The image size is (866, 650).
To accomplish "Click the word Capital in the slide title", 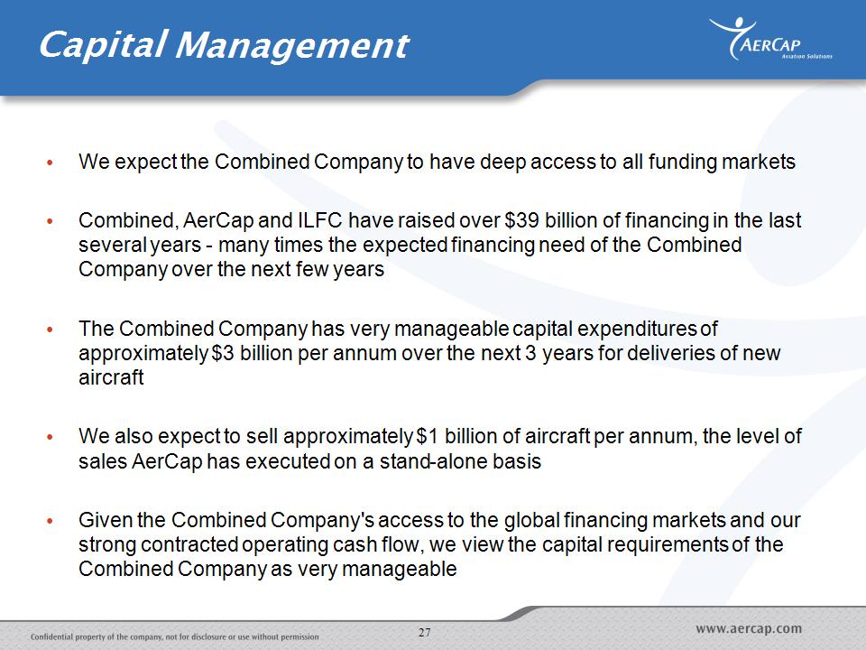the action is coord(103,45).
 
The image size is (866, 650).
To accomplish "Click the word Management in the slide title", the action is coord(292,46).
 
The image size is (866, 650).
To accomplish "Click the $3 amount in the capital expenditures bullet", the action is coord(223,353).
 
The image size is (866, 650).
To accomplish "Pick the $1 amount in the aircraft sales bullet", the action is coord(428,436).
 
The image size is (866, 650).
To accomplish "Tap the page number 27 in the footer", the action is coord(425,632).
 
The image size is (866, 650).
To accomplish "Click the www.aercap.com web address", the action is coord(749,628).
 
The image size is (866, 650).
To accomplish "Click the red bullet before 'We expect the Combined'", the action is coord(51,162).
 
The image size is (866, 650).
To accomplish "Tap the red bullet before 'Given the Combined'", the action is coord(51,521).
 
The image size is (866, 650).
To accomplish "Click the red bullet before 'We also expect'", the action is coord(51,437).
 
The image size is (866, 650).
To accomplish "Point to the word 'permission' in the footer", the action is coord(299,636).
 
